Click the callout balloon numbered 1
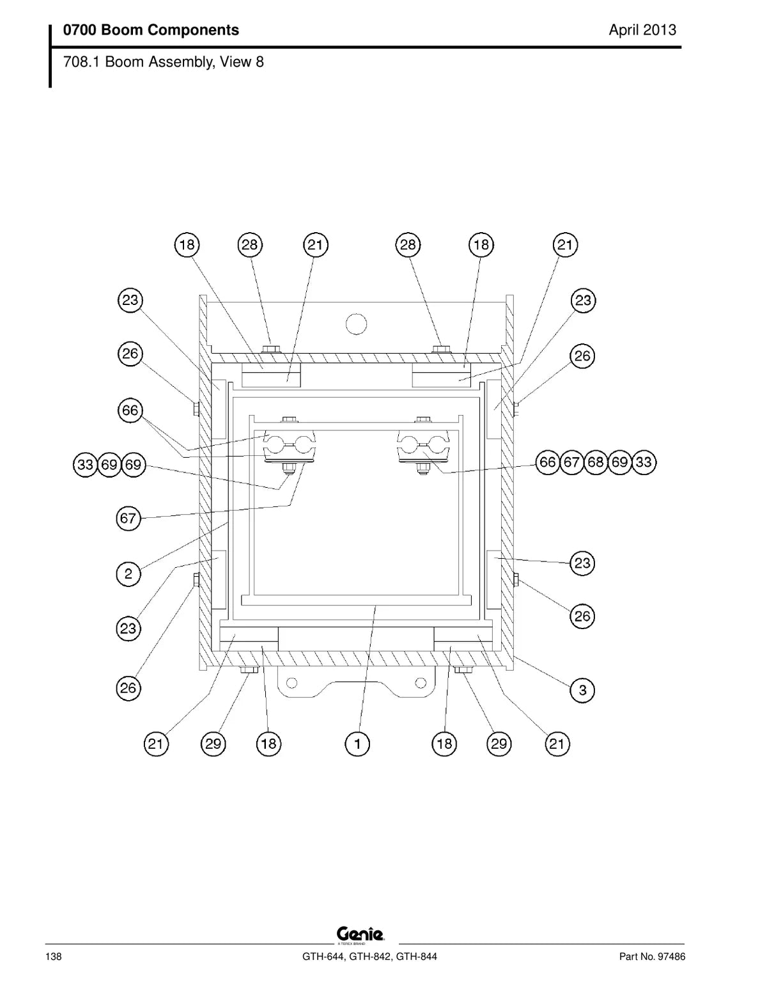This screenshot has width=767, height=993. click(357, 744)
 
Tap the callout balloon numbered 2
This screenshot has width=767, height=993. click(128, 574)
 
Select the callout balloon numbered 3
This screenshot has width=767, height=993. click(582, 689)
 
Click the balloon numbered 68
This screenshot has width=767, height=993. click(595, 462)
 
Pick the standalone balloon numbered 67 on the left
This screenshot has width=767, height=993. click(128, 519)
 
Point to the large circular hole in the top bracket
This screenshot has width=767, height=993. click(356, 324)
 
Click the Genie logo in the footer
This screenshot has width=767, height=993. click(360, 934)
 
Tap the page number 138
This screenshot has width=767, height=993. click(54, 957)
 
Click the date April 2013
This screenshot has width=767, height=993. click(642, 30)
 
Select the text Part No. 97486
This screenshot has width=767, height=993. click(653, 957)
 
